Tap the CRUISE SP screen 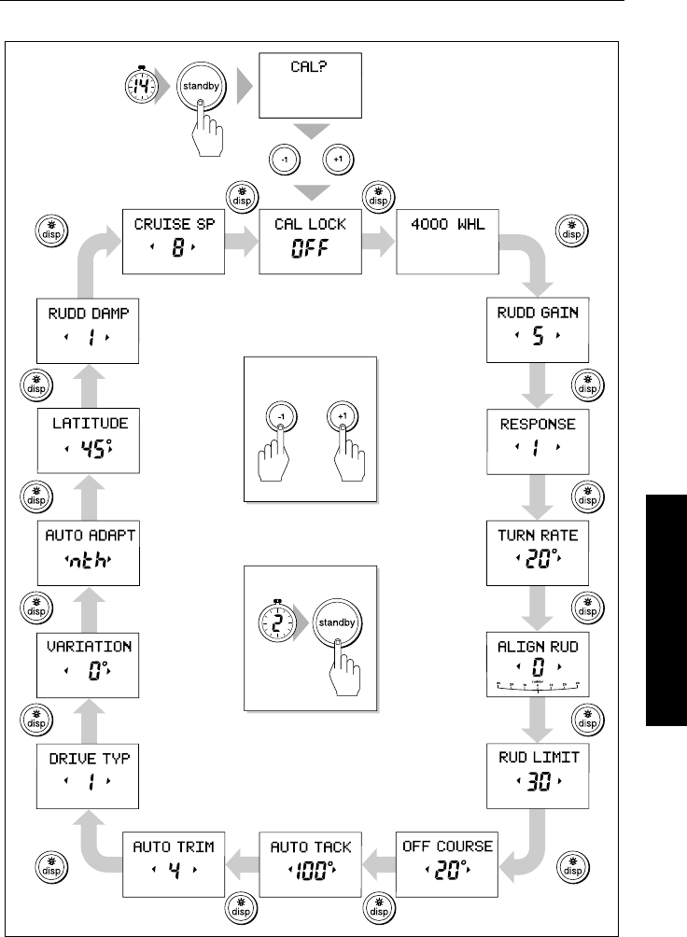(175, 241)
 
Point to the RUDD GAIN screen (537, 329)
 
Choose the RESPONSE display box (537, 439)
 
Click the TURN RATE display (537, 550)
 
